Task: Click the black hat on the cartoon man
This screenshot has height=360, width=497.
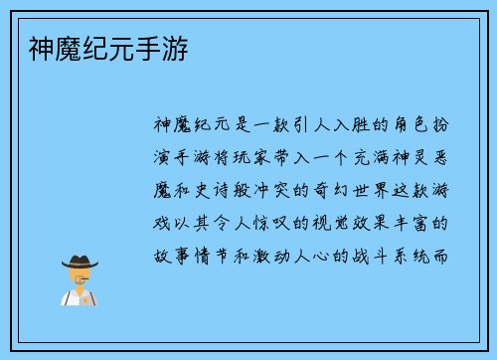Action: click(x=80, y=263)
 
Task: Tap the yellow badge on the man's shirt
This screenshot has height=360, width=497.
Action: click(x=87, y=297)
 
